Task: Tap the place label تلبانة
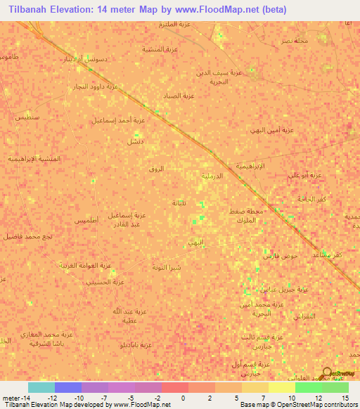179,203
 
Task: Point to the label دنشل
134,141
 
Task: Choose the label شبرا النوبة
166,267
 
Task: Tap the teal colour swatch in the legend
41,387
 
